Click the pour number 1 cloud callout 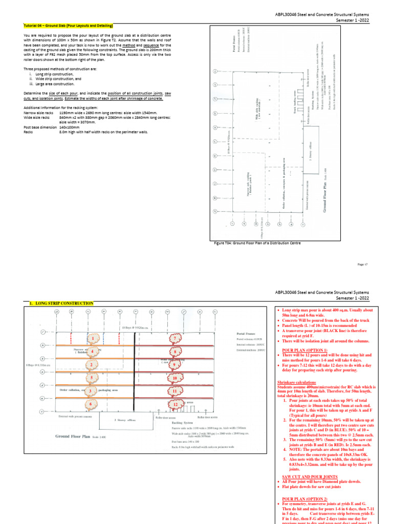point(93,339)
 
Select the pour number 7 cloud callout point(174,339)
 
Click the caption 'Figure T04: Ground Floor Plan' point(257,243)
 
